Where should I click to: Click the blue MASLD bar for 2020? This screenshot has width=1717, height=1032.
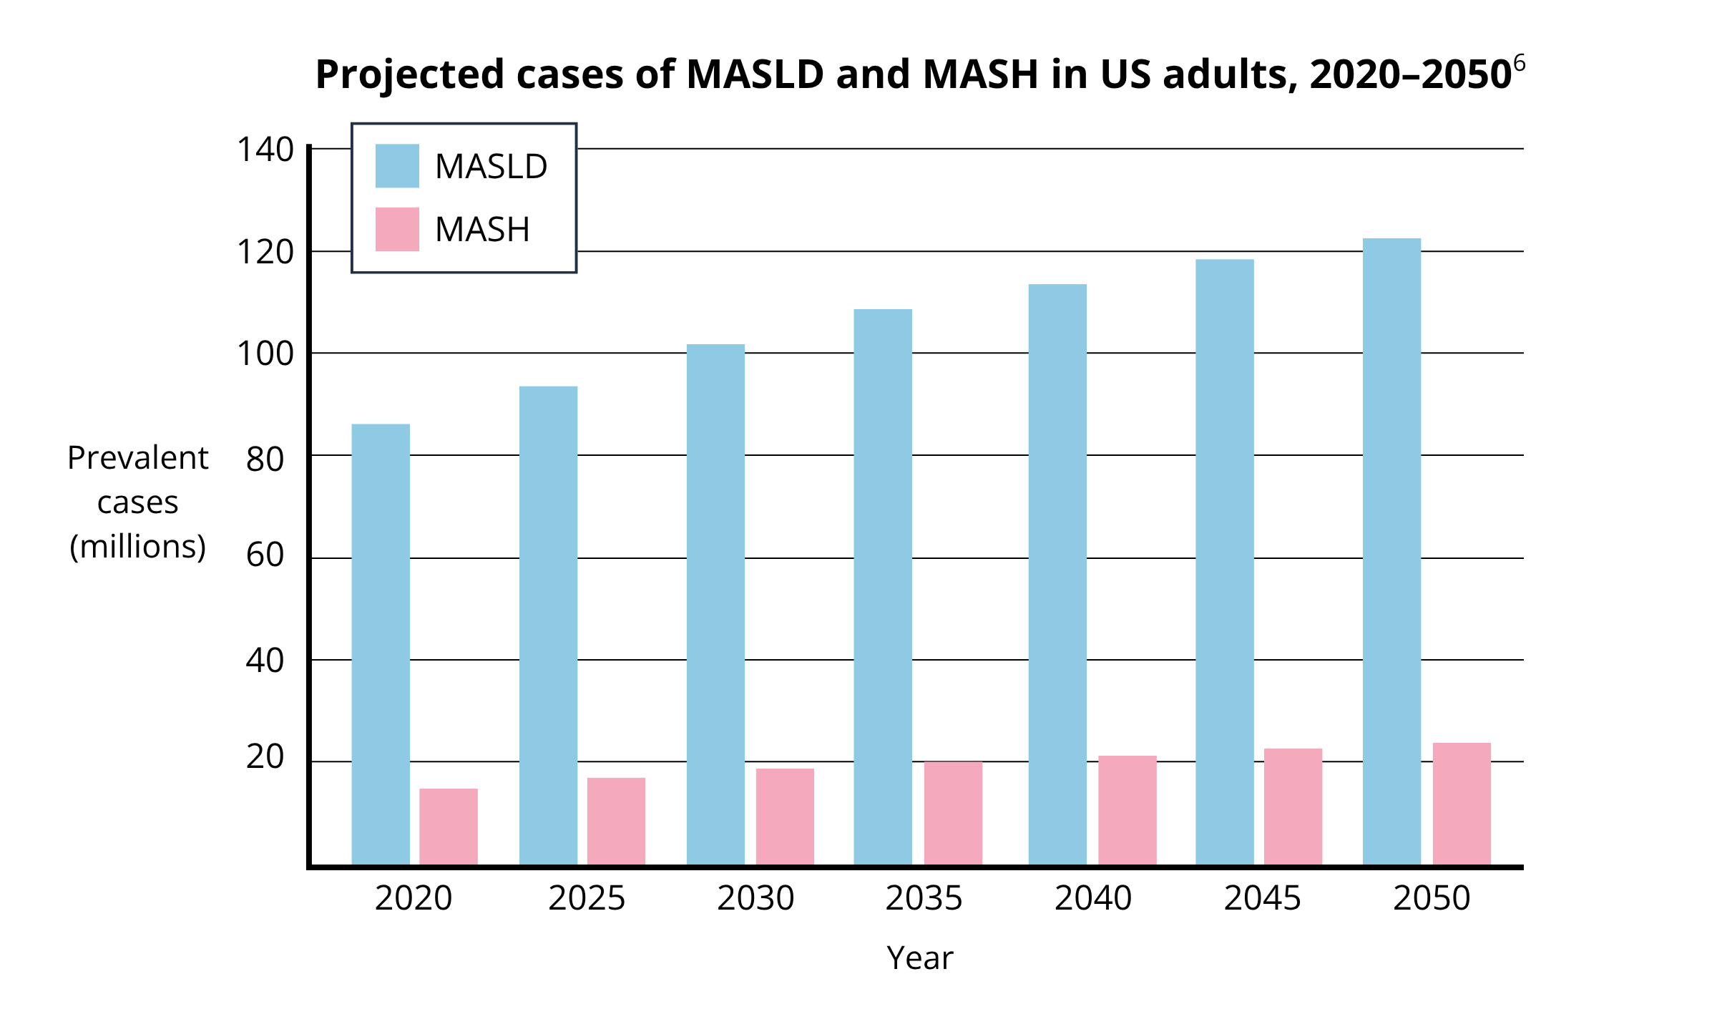[381, 644]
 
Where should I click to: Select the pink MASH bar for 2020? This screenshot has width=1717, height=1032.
[449, 827]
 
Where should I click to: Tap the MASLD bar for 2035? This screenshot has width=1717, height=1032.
[883, 587]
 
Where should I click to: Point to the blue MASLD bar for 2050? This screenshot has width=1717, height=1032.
[1391, 551]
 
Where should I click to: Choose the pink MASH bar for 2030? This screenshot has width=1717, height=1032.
[785, 817]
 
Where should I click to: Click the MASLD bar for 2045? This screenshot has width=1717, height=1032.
[1224, 562]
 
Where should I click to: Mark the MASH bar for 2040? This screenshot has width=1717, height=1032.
[1127, 810]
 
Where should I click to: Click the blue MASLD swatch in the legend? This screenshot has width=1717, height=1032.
[397, 166]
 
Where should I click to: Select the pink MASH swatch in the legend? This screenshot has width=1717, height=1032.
[397, 229]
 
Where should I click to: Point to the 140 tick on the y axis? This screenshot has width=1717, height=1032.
[265, 150]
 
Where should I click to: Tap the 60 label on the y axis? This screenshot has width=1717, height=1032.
[265, 555]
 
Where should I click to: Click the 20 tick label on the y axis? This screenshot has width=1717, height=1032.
[265, 757]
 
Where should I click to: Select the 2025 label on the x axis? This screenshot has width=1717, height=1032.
[587, 898]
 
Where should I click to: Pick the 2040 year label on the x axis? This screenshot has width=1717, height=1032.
[1093, 898]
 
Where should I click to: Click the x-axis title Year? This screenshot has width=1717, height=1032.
[919, 958]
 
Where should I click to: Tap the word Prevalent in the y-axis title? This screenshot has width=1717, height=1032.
[137, 458]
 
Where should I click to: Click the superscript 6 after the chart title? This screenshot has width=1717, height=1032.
[1519, 63]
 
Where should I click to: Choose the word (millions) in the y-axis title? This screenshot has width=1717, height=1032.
[137, 547]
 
